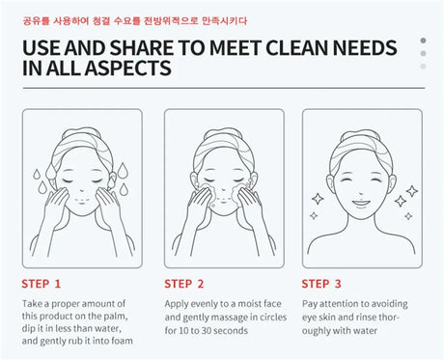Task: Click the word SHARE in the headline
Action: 142,48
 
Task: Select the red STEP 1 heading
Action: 42,284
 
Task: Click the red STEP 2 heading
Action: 184,284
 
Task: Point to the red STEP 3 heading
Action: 321,284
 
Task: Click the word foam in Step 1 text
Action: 122,341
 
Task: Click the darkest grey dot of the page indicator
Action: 423,41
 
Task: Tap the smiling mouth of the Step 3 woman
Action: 361,203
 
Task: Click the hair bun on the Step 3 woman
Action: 361,133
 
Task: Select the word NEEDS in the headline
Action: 365,48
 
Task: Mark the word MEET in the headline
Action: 236,48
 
